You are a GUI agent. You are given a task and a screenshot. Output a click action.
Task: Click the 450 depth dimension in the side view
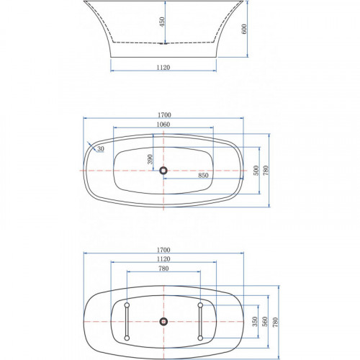coord(163,22)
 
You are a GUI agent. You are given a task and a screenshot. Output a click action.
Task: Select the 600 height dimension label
coord(244,29)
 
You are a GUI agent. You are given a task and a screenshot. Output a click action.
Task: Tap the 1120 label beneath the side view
coord(163,68)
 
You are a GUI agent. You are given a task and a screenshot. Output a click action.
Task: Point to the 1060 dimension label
coord(163,125)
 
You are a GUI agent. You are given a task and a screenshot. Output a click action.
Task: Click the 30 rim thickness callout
coord(101,149)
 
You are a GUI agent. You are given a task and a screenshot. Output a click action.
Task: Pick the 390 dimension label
coord(150,159)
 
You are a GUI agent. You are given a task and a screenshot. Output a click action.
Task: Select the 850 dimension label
coord(203,175)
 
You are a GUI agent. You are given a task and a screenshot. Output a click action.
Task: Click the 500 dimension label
coord(256,171)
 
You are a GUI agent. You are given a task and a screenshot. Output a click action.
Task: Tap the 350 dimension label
coord(255,322)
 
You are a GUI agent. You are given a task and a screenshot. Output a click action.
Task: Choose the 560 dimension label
coord(264,322)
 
